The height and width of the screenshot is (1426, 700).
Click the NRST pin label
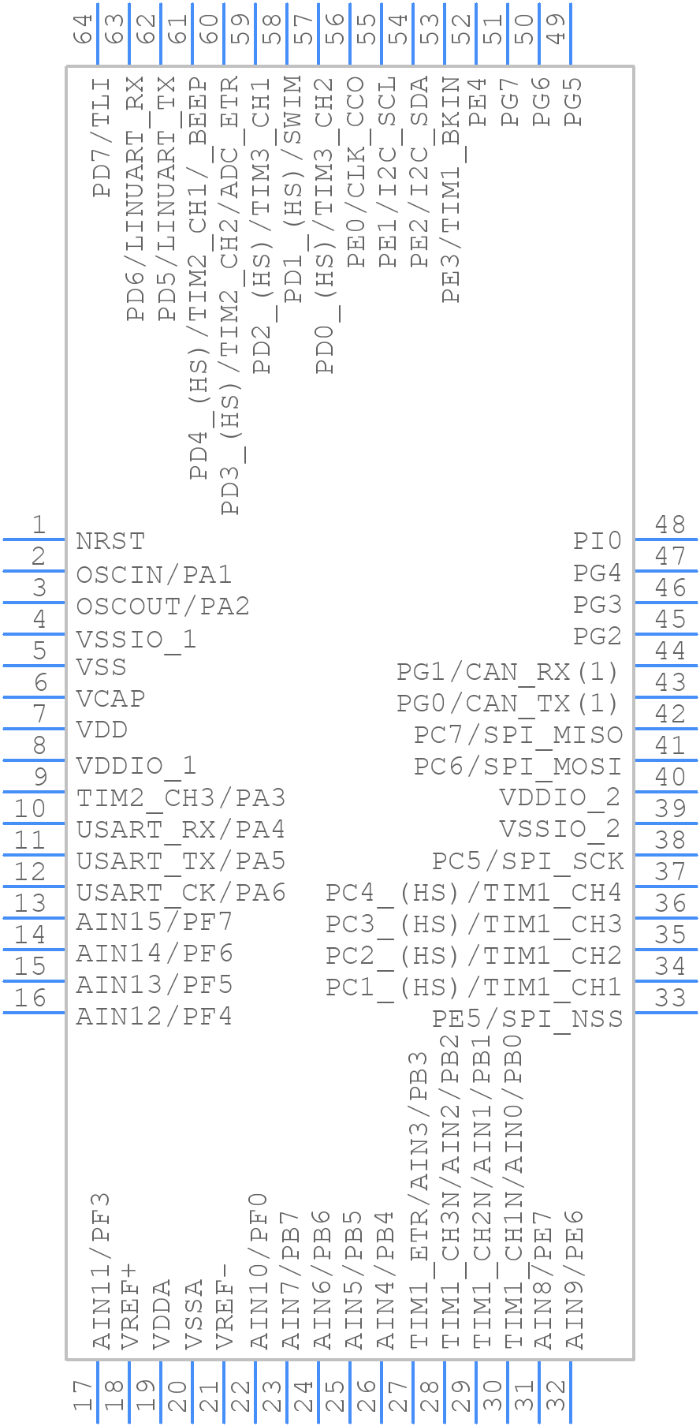click(x=110, y=542)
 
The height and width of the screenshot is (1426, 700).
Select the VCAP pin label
click(x=110, y=699)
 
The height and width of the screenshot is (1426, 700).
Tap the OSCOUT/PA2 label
click(x=162, y=607)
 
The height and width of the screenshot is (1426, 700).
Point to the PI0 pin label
click(x=597, y=541)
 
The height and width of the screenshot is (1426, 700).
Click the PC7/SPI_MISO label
click(x=518, y=735)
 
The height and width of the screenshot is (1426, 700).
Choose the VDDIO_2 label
click(x=560, y=797)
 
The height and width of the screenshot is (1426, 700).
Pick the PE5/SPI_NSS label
click(x=527, y=1018)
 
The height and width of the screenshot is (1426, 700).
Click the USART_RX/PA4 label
click(x=181, y=830)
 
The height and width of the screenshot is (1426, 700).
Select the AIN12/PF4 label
click(x=154, y=1017)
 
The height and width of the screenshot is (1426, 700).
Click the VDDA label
click(x=162, y=1315)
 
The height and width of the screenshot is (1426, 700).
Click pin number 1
click(x=38, y=524)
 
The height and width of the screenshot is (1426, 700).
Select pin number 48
click(x=671, y=524)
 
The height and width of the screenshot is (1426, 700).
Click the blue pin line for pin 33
click(x=665, y=1013)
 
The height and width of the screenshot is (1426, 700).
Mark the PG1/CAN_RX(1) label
click(x=508, y=672)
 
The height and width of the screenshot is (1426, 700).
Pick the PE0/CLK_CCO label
click(x=356, y=171)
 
